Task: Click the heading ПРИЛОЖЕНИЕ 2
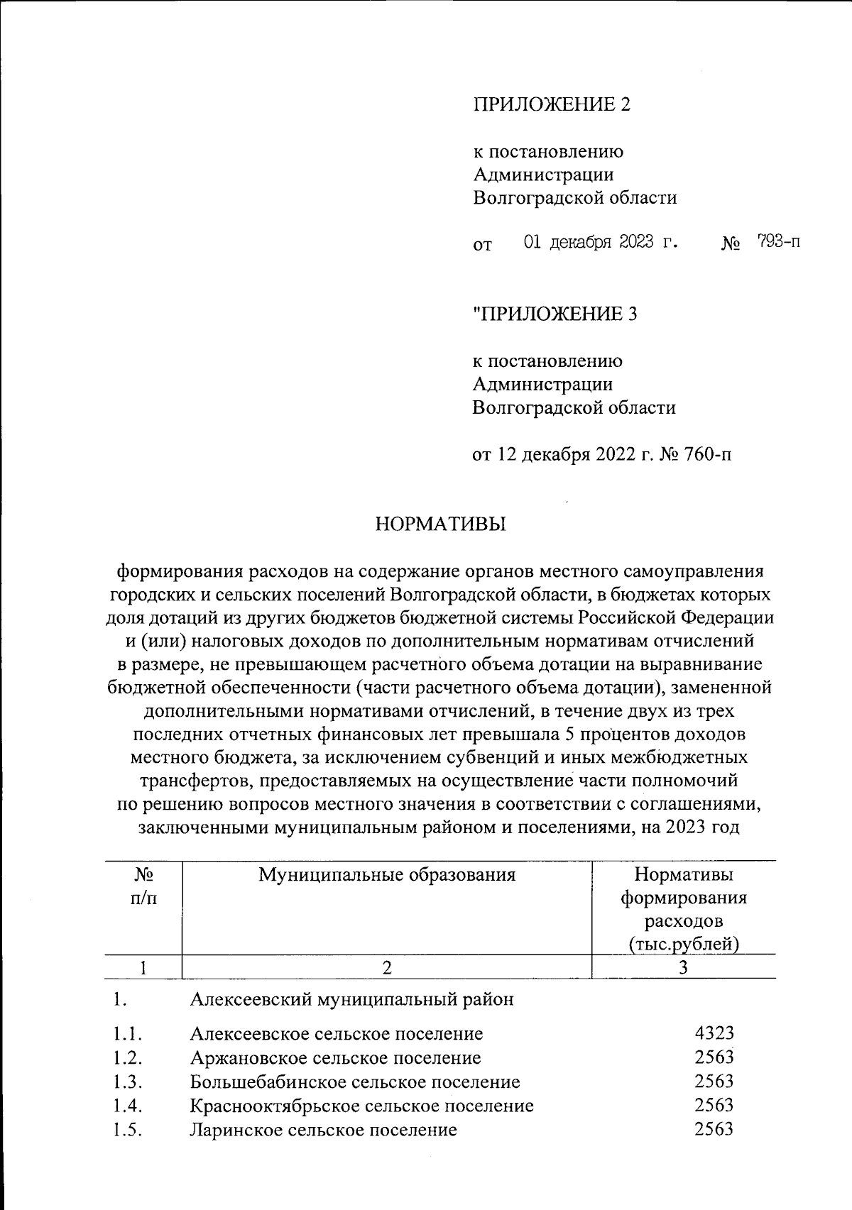[552, 105]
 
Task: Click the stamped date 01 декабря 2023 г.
[601, 242]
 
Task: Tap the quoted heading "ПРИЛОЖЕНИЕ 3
[555, 314]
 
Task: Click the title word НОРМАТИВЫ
[440, 524]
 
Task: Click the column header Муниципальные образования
[386, 874]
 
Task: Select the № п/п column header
[144, 886]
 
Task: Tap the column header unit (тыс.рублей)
[684, 945]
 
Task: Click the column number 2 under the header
[387, 967]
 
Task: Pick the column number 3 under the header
[683, 967]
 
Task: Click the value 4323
[714, 1033]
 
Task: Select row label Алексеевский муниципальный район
[351, 1000]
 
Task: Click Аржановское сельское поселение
[335, 1058]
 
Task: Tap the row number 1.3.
[128, 1082]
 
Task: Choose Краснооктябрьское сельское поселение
[361, 1106]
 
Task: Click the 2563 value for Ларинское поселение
[714, 1130]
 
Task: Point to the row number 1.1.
[128, 1034]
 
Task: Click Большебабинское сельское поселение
[354, 1082]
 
